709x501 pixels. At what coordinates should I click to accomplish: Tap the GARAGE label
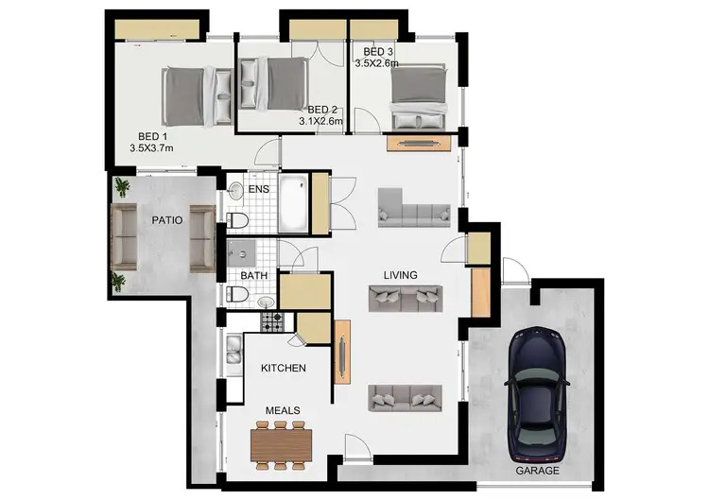[x=537, y=470]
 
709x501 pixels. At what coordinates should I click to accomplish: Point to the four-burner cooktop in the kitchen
[x=271, y=322]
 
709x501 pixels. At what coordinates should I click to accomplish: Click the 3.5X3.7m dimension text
[x=151, y=147]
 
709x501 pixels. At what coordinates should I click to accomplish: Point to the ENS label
[x=258, y=189]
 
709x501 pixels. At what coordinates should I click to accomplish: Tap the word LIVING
[x=400, y=275]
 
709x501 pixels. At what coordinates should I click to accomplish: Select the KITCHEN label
[x=284, y=368]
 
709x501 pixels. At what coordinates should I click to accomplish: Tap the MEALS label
[x=283, y=410]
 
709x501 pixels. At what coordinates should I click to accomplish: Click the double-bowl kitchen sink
[x=232, y=352]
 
